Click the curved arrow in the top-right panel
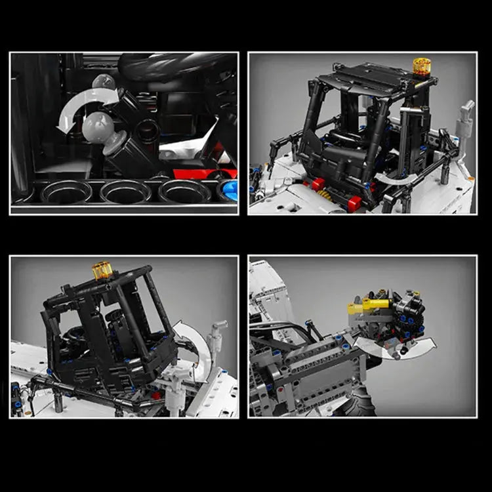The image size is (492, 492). coord(398,178)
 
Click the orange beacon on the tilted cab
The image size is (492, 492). coord(102,270)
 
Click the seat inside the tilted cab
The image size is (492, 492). coord(118,328)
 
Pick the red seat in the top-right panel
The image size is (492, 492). coord(354,203)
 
